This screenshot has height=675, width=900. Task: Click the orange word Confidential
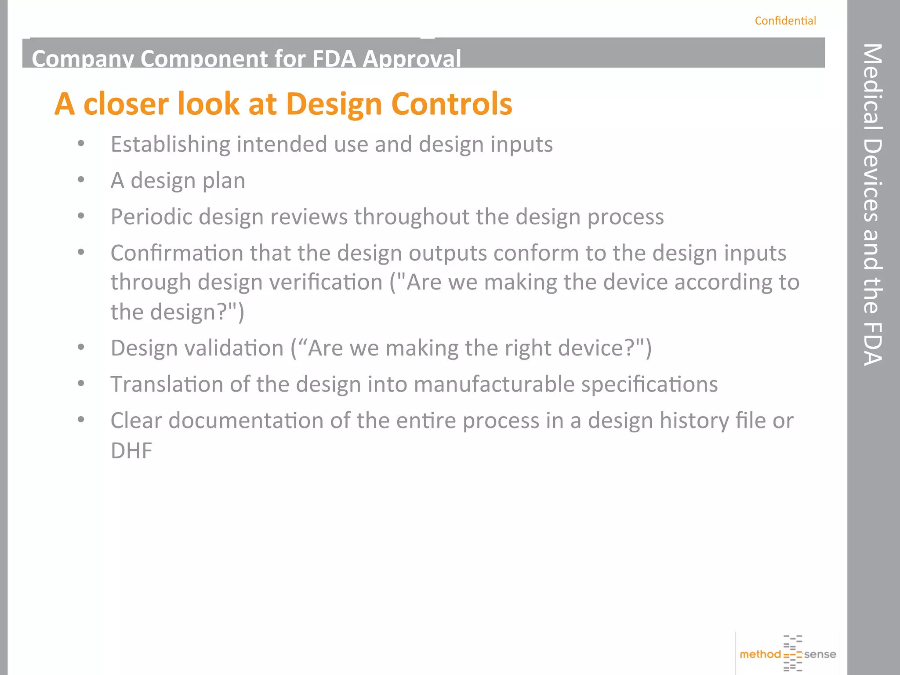click(785, 21)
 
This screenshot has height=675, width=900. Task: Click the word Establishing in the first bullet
click(170, 145)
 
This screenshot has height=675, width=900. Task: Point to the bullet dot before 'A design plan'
click(81, 180)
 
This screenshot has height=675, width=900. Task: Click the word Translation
click(167, 385)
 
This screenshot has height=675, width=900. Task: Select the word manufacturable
click(494, 385)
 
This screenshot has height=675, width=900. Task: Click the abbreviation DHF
click(131, 450)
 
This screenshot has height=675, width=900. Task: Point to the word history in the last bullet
click(694, 421)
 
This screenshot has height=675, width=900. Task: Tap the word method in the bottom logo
click(760, 654)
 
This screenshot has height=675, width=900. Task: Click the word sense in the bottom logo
click(820, 654)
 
